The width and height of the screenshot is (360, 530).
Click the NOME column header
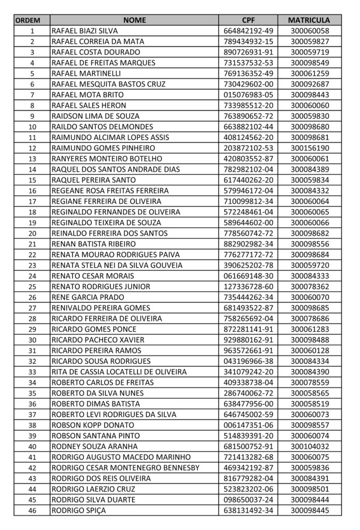134,20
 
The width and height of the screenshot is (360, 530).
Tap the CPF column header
248,20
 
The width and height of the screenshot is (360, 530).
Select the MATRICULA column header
309,20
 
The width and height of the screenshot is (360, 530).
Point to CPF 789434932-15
248,41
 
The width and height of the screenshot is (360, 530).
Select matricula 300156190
309,148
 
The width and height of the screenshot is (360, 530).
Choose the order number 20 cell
32,233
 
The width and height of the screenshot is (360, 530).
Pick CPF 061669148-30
248,276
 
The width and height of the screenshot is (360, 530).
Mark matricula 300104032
309,446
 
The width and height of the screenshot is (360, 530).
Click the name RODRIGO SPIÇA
76,510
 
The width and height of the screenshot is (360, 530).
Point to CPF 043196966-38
248,361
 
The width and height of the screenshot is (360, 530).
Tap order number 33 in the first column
32,372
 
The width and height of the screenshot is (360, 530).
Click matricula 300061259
309,73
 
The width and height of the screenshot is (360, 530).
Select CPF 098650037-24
248,499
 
